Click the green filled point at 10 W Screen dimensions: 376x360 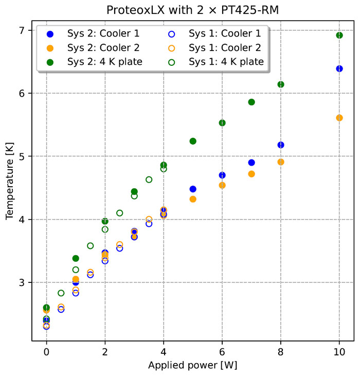pyautogui.click(x=339, y=35)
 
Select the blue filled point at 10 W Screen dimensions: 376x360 pyautogui.click(x=339, y=68)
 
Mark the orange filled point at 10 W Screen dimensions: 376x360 pyautogui.click(x=339, y=118)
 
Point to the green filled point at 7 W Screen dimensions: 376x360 pyautogui.click(x=251, y=102)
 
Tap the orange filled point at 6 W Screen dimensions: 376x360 pyautogui.click(x=222, y=185)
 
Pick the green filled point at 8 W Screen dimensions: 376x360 pyautogui.click(x=281, y=84)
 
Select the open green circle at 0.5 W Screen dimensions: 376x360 pyautogui.click(x=61, y=293)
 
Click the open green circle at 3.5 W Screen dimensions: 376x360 pyautogui.click(x=149, y=180)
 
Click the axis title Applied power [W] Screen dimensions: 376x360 pyautogui.click(x=192, y=366)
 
